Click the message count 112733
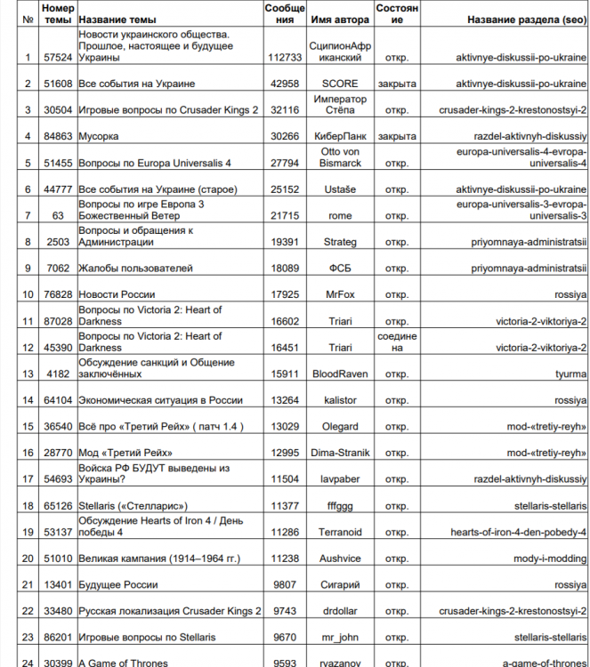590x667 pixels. tap(285, 57)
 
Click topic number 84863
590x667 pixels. tap(58, 136)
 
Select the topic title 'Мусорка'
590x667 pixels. tap(99, 136)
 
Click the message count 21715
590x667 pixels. tap(285, 216)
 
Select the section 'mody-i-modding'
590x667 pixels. tap(547, 559)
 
